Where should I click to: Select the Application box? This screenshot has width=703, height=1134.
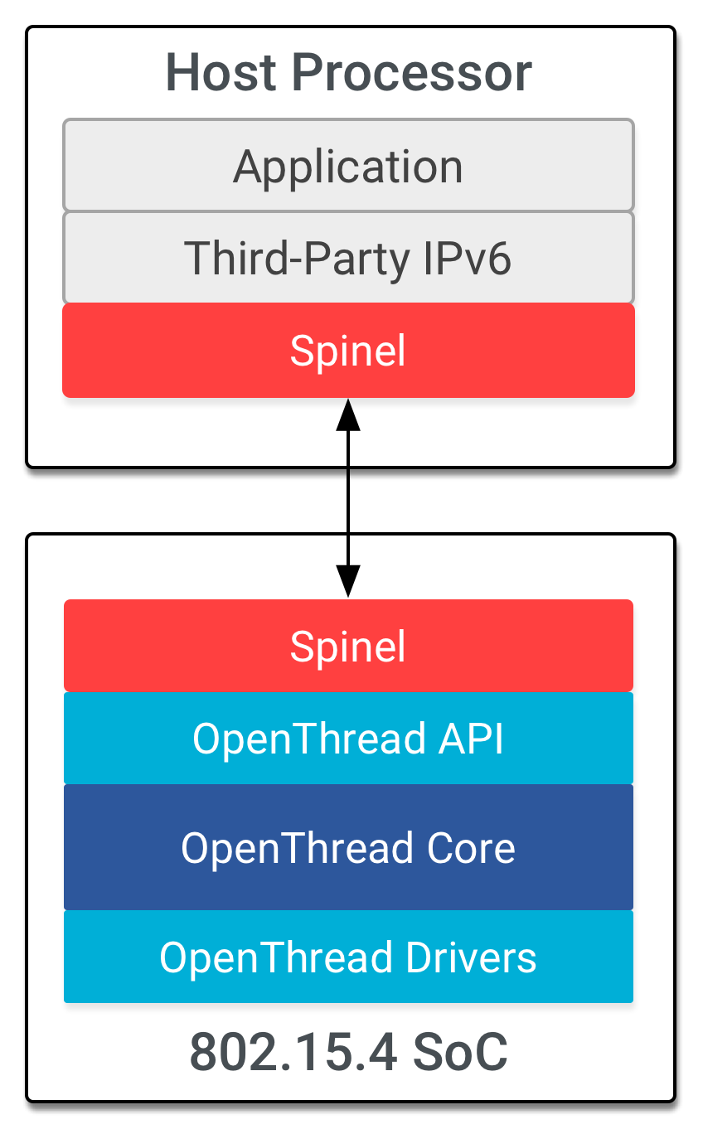(348, 166)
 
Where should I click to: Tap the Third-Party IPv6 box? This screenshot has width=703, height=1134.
(348, 258)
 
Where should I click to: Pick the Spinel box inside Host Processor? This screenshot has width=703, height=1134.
(348, 351)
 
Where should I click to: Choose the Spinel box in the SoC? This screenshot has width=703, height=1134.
(348, 646)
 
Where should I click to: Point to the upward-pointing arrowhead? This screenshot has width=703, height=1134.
(348, 414)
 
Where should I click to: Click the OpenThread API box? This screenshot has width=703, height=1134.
(348, 738)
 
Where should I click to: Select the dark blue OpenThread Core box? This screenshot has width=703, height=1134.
(348, 847)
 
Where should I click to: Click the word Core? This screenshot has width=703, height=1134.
(471, 847)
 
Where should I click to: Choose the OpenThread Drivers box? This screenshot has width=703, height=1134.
(348, 957)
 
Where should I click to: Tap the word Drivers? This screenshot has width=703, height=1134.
(471, 957)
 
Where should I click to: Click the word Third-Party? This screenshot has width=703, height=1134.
(297, 258)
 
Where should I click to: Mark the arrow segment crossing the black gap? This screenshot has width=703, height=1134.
(348, 501)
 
